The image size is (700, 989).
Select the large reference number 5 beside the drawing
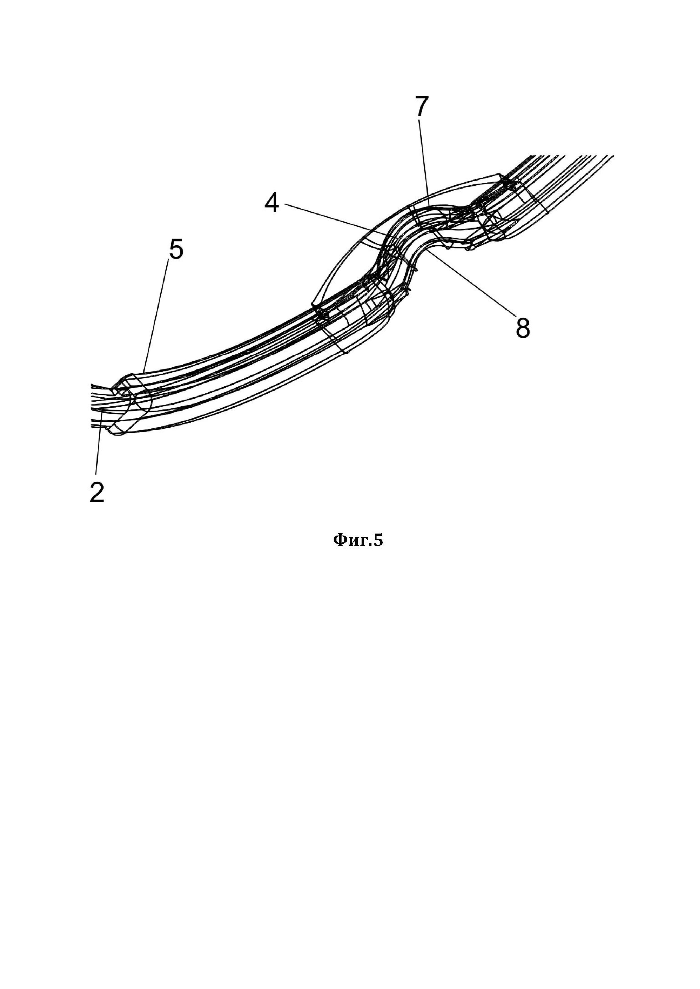pos(176,250)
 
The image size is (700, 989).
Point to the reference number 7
pos(422,106)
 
